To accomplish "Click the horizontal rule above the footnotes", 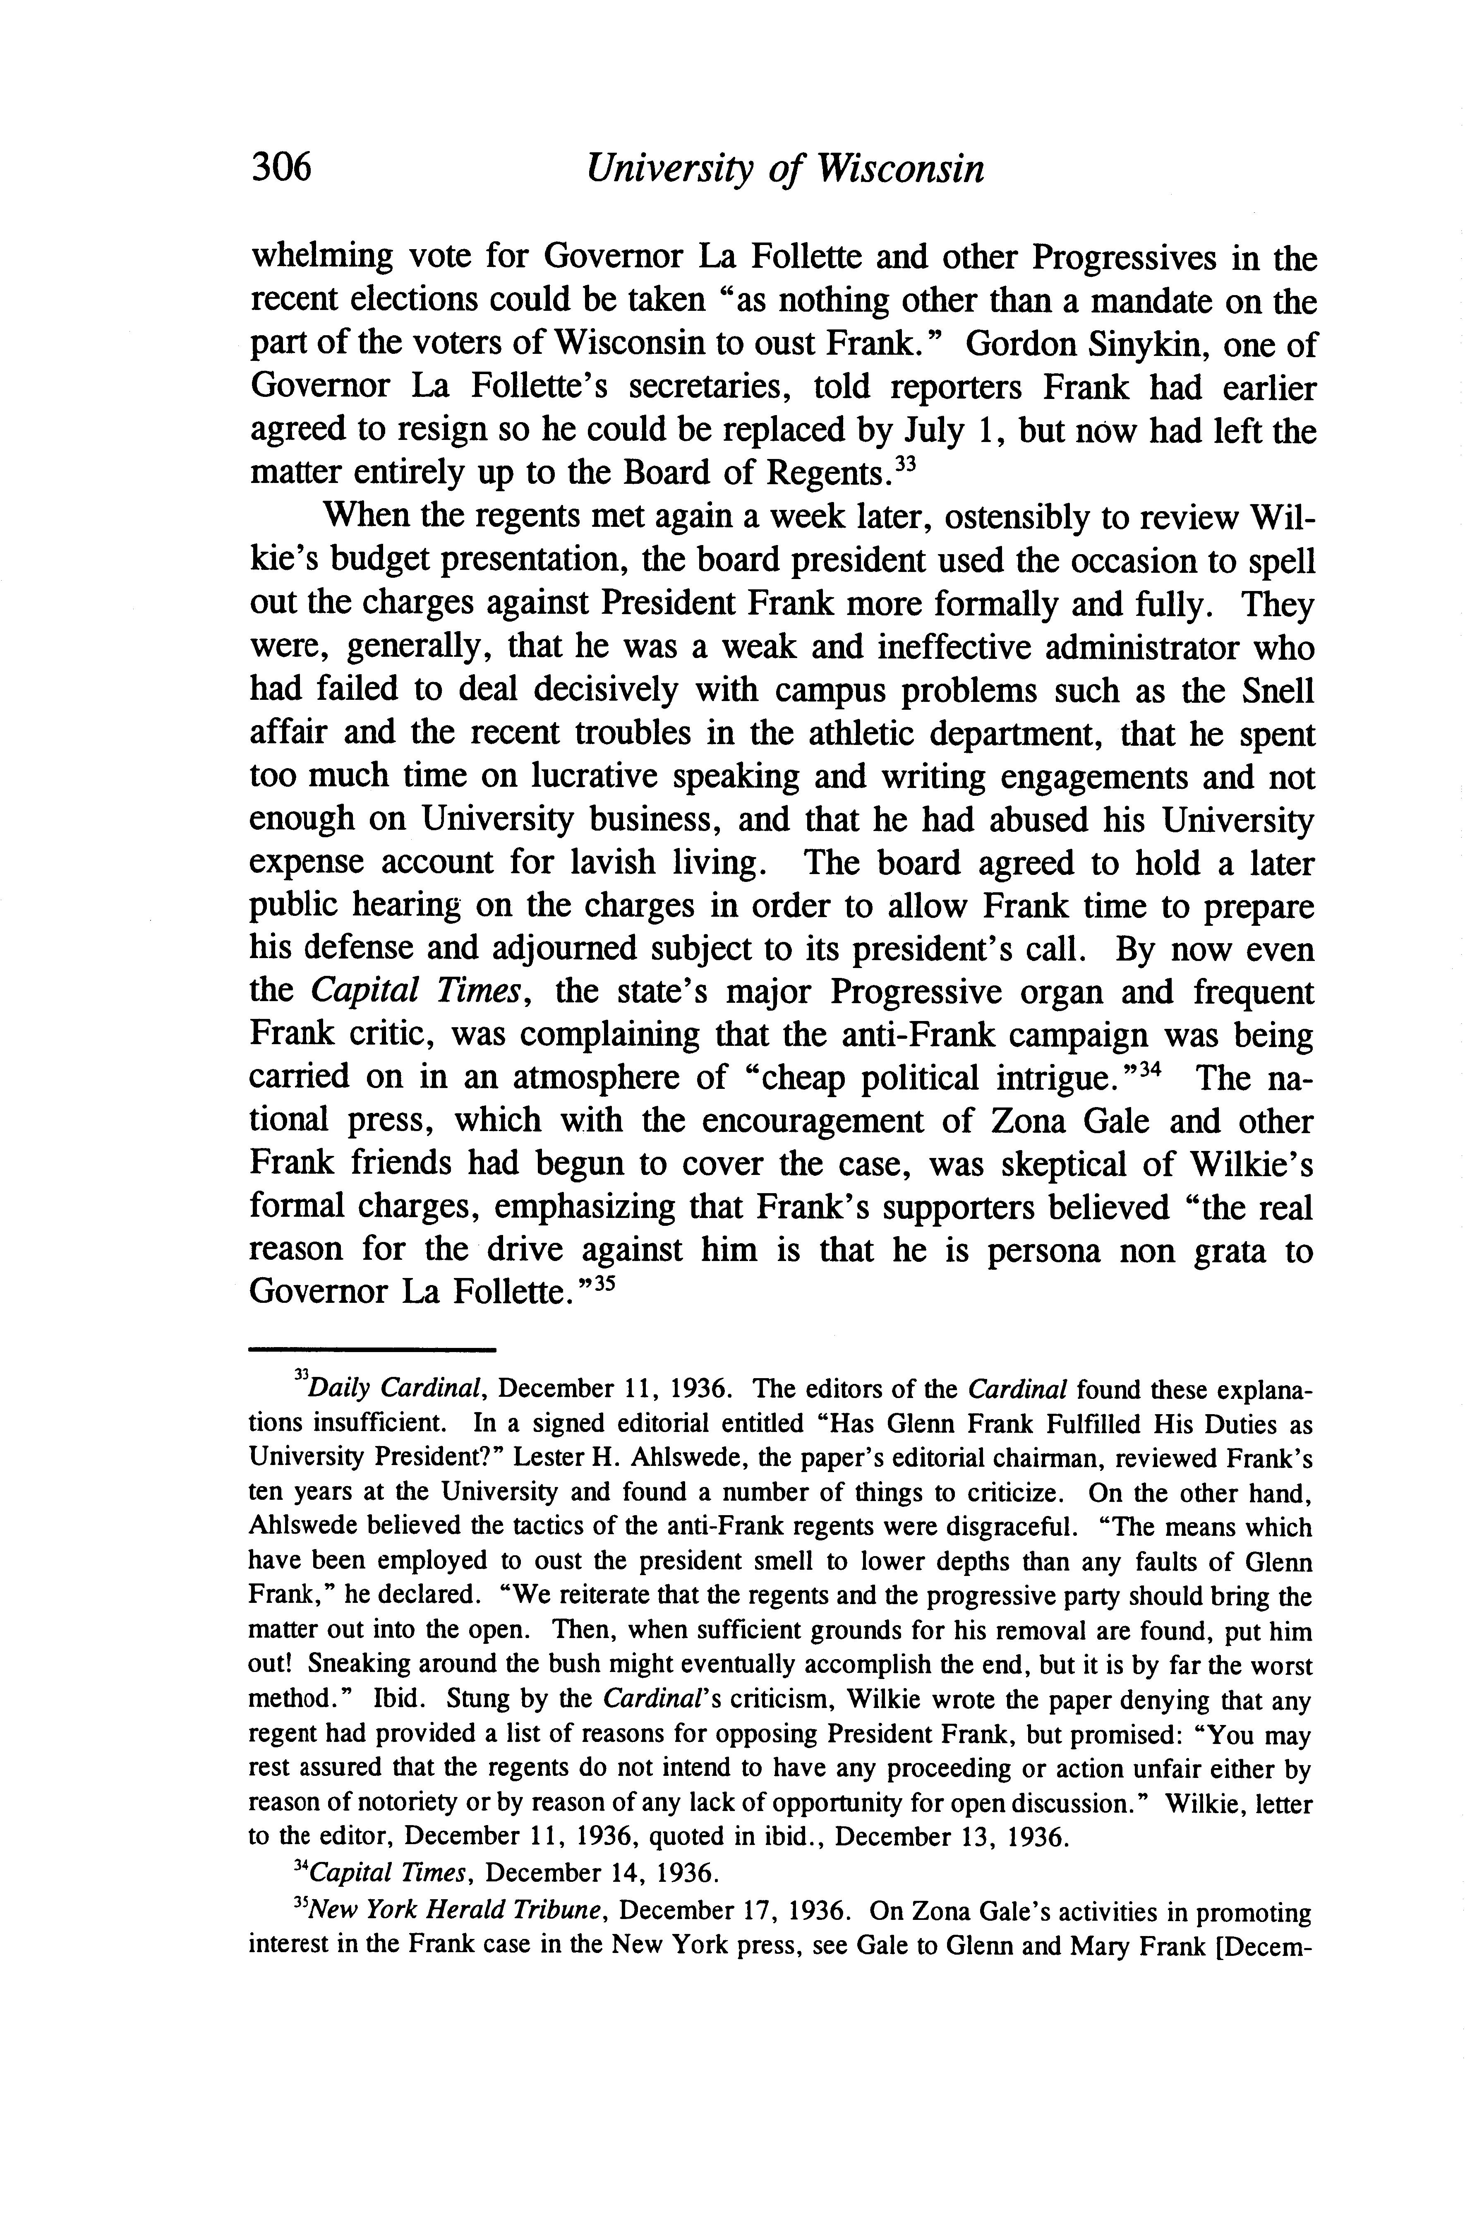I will coord(372,1351).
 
